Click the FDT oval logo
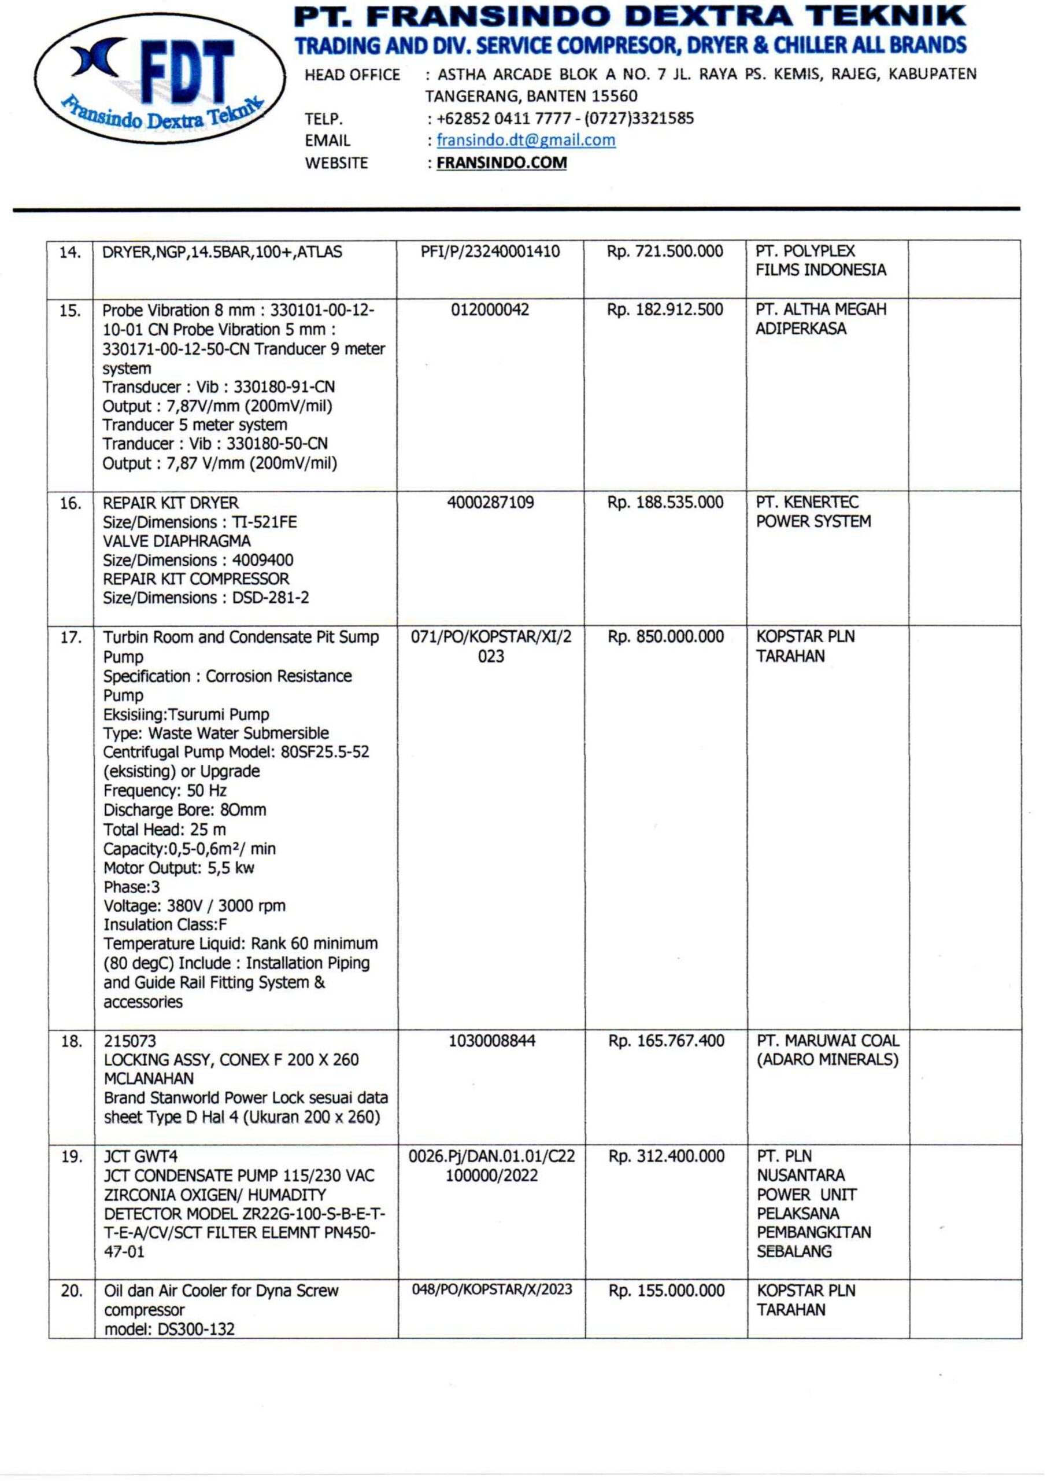160,79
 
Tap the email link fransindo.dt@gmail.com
526,140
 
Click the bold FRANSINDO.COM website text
502,163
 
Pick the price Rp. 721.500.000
665,252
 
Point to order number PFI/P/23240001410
490,252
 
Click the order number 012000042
490,310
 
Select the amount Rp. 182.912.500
665,310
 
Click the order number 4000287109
490,503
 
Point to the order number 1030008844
491,1041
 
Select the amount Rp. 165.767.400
666,1041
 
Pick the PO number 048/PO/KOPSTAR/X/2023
491,1290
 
